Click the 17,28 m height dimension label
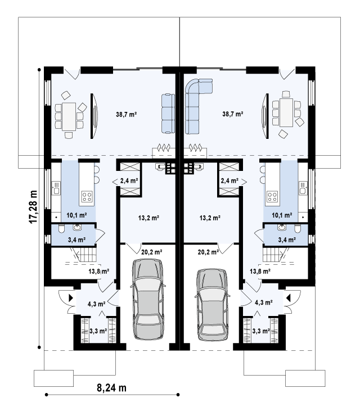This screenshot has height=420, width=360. tap(33, 207)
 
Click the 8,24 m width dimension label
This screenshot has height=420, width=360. tap(111, 387)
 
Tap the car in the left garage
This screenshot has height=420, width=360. tap(148, 299)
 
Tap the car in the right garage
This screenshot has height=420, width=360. tap(213, 305)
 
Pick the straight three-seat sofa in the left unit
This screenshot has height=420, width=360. tap(168, 114)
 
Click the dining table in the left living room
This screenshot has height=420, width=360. tap(69, 117)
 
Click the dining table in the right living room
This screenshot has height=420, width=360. tap(286, 112)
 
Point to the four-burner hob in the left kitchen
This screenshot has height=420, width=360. tap(87, 196)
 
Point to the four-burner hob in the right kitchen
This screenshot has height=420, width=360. tap(272, 196)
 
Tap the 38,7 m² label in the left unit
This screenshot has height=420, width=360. tap(126, 114)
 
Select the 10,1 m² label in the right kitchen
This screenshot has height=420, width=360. tap(282, 215)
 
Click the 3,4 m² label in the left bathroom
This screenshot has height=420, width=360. tap(76, 240)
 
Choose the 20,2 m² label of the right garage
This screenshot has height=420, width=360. tap(208, 252)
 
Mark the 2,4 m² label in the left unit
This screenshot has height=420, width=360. tap(129, 181)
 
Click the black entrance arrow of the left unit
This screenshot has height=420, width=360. tap(71, 298)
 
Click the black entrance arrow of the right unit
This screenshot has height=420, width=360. tap(289, 298)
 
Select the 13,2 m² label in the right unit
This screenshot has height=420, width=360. tap(210, 218)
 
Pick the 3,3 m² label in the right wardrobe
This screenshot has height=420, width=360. tap(261, 331)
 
